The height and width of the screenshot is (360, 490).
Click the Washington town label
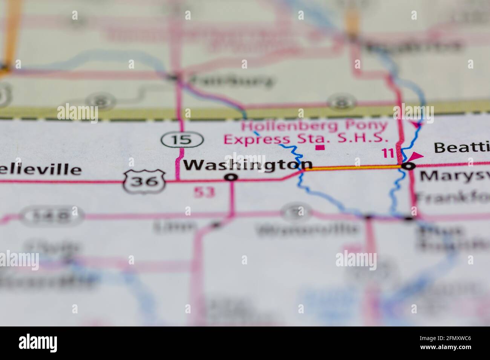coord(248,165)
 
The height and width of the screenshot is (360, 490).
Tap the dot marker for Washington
coord(231,177)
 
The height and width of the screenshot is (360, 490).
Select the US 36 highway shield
coord(145,181)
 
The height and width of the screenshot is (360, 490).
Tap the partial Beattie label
coord(462,147)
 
